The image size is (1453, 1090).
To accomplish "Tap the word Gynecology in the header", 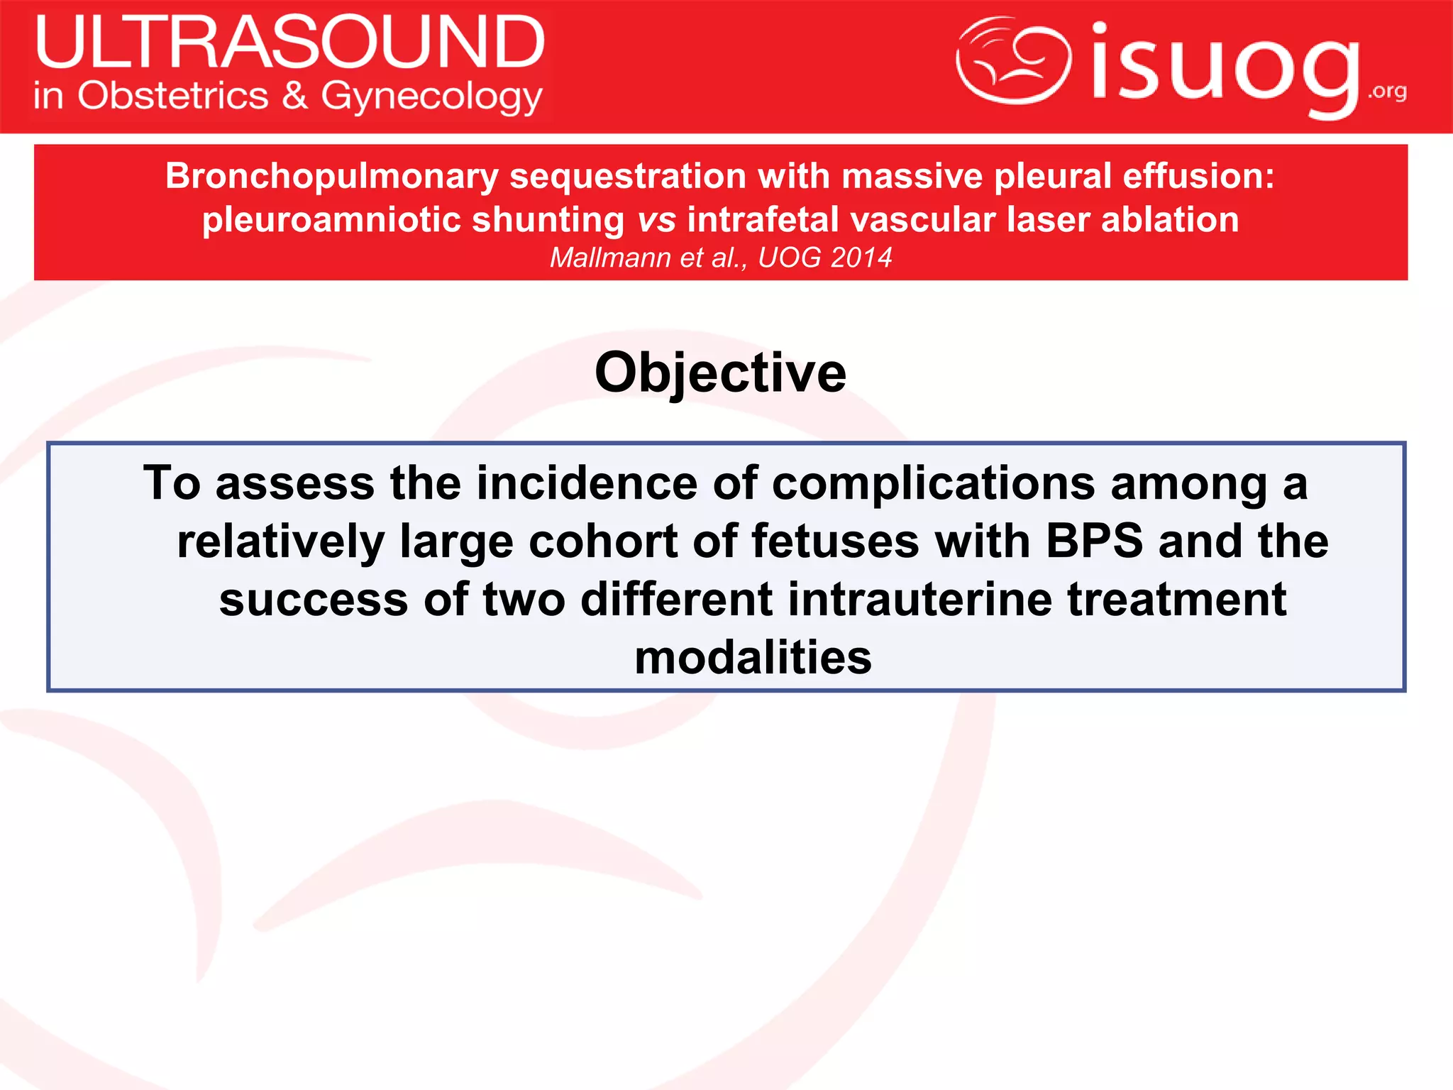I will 431,97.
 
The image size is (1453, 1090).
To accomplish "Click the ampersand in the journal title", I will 295,96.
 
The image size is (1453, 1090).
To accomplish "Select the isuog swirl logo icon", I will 1013,60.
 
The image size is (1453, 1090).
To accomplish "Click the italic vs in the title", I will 656,219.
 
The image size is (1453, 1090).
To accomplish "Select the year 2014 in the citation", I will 861,258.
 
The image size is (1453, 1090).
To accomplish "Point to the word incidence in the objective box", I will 587,483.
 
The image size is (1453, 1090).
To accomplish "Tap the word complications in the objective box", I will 933,483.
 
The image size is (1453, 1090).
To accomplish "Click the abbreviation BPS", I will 1094,541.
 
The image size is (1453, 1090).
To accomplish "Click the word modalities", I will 753,658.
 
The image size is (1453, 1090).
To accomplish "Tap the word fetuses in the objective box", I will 835,541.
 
